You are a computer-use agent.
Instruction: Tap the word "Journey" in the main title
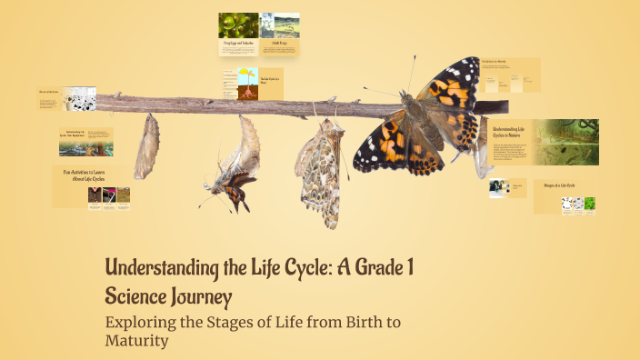(x=201, y=296)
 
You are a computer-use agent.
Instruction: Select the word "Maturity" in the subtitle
(x=137, y=342)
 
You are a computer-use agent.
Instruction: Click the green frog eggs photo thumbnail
(x=237, y=25)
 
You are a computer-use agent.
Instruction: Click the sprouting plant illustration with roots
(x=247, y=83)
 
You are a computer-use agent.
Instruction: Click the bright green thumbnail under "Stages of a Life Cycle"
(x=589, y=205)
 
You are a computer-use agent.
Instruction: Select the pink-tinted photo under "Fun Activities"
(x=94, y=195)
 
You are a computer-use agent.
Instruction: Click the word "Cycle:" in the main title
(x=317, y=269)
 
